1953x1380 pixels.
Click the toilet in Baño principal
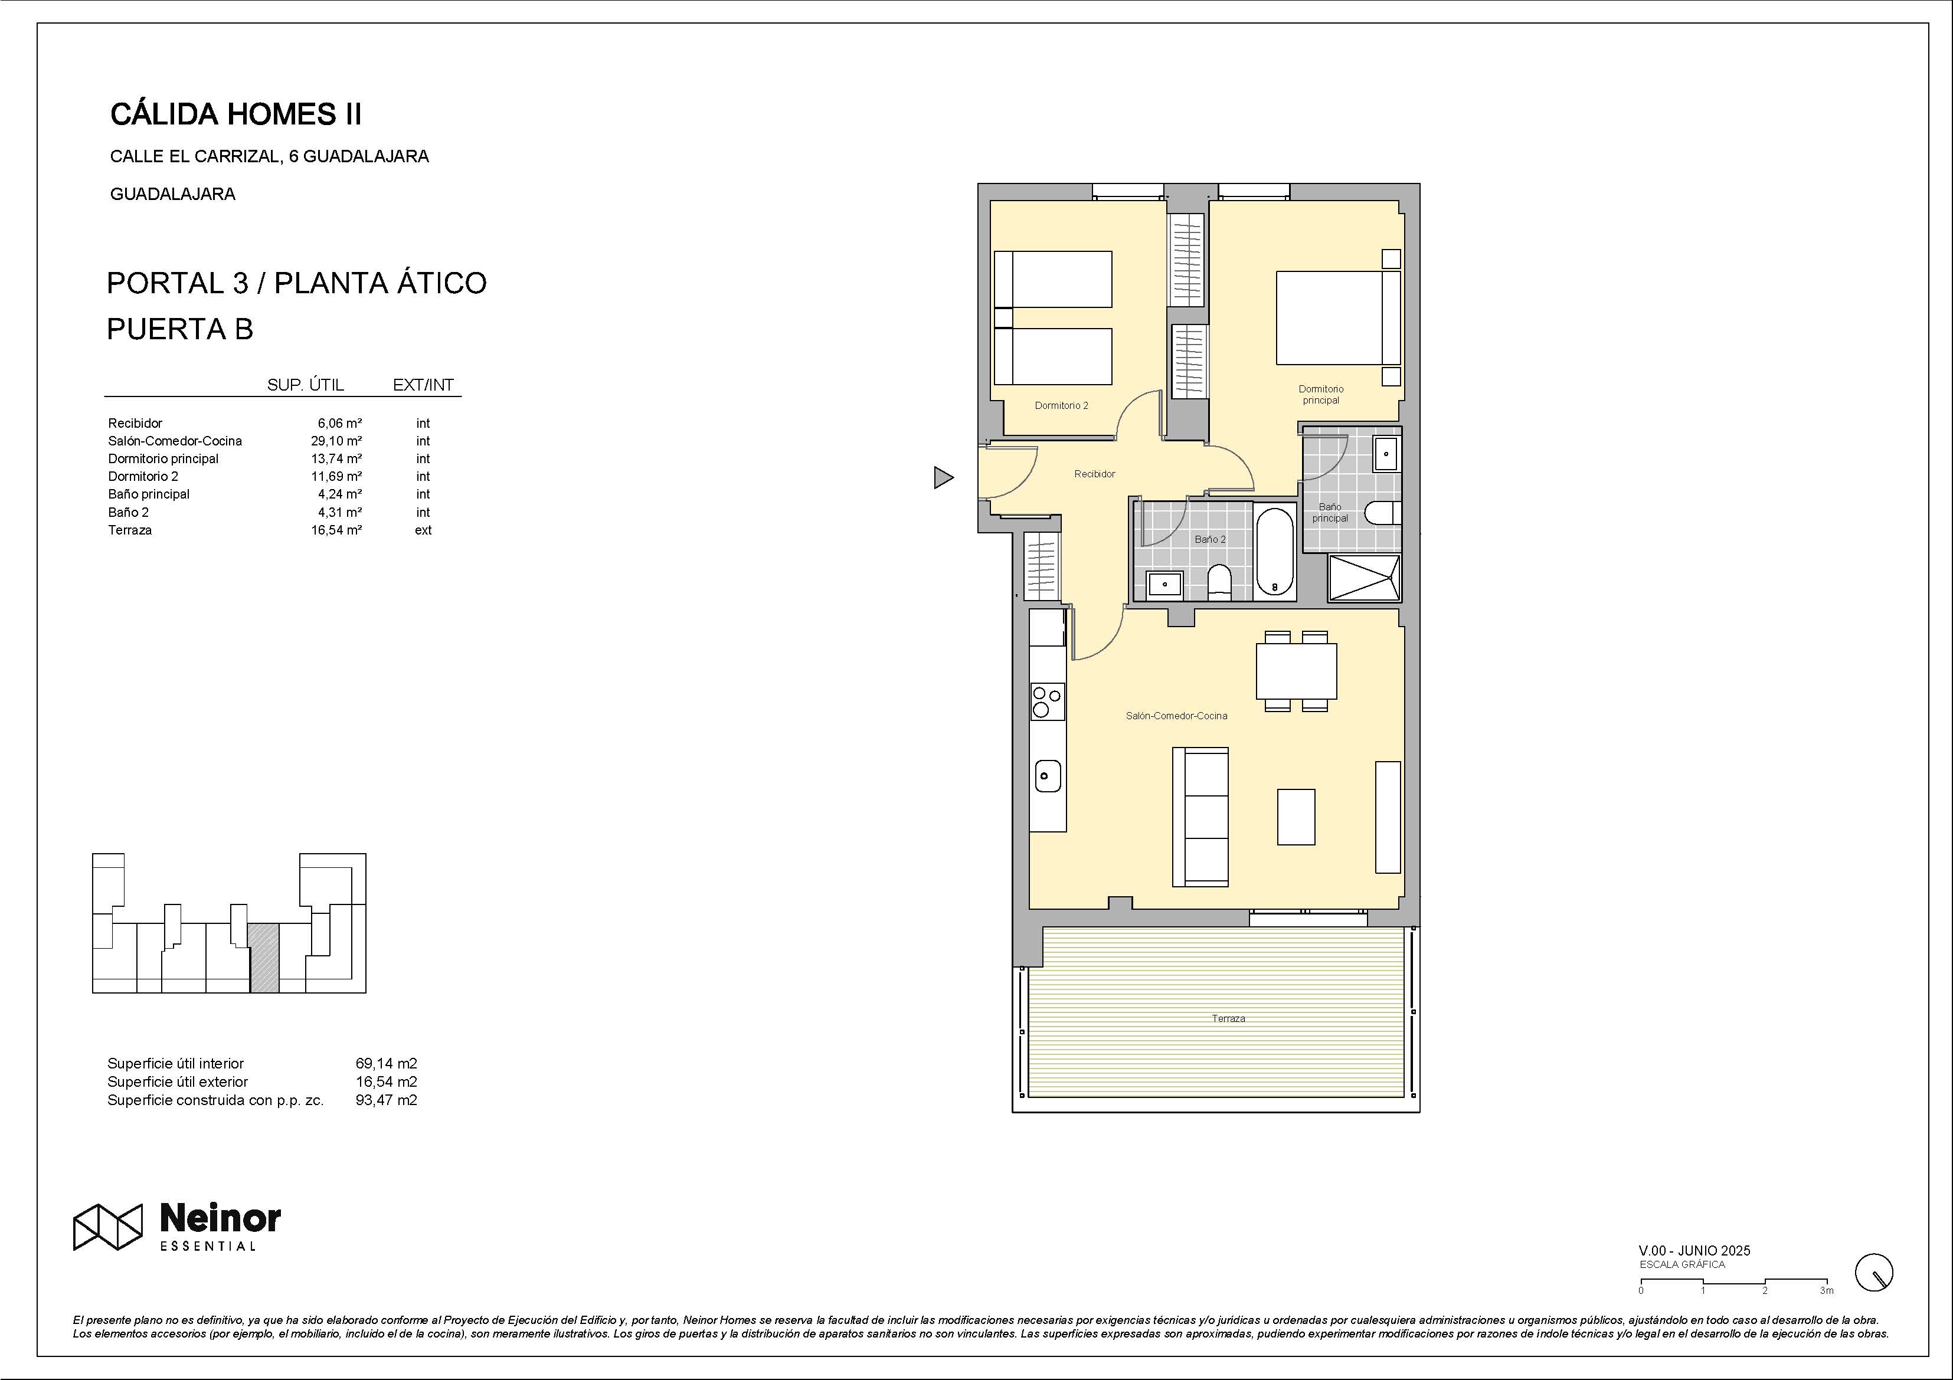tap(1383, 513)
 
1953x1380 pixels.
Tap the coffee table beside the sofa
tap(1296, 817)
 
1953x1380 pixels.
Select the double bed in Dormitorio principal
tap(1337, 317)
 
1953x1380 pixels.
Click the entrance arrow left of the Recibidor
tap(943, 478)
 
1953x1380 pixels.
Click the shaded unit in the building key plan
tap(264, 958)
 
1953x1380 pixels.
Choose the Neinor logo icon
tap(107, 1227)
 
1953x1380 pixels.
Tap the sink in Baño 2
tap(1163, 584)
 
